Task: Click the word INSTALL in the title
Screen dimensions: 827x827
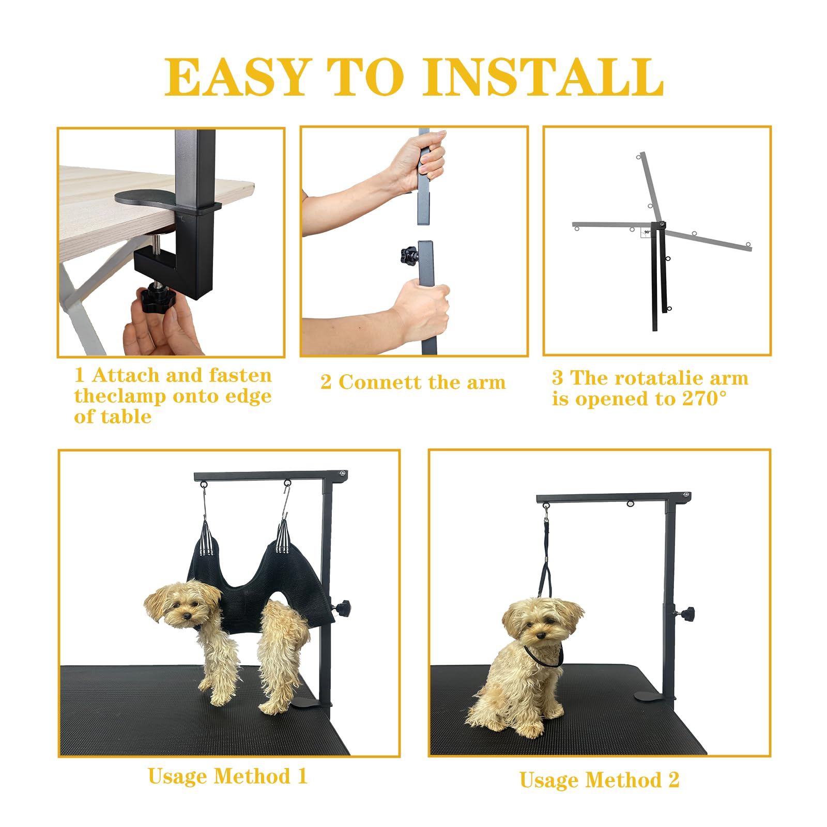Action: (x=543, y=77)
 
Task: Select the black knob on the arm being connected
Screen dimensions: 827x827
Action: (x=409, y=254)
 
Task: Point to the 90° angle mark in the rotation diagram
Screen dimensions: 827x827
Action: (x=647, y=232)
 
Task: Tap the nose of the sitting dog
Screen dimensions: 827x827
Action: (x=540, y=636)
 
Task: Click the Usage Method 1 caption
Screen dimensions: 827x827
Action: (x=227, y=776)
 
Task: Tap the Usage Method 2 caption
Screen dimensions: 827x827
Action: (x=600, y=780)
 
